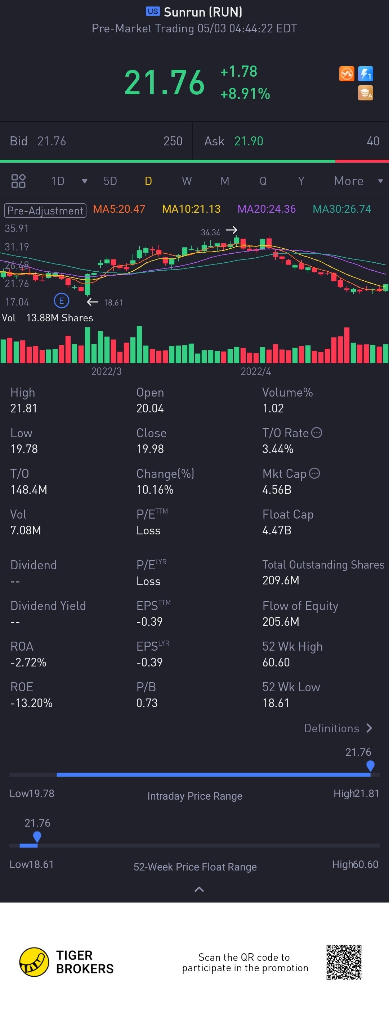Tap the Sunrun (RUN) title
tap(202, 12)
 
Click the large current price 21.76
tap(164, 82)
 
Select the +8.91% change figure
tap(245, 94)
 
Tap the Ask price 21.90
tap(249, 141)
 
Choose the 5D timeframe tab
tap(110, 181)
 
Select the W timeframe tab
tap(187, 181)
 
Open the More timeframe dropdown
tap(357, 181)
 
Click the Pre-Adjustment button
tap(45, 211)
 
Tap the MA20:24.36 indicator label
tap(266, 209)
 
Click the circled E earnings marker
tap(62, 301)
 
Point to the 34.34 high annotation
tap(210, 232)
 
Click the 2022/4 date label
tap(256, 371)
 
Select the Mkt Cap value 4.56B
tap(277, 489)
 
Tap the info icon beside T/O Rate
tap(316, 433)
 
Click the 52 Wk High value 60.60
tap(276, 662)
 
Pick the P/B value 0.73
tap(147, 703)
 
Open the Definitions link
tap(337, 728)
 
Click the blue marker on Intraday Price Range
tap(370, 766)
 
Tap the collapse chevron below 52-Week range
tap(199, 890)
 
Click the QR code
tap(344, 962)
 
